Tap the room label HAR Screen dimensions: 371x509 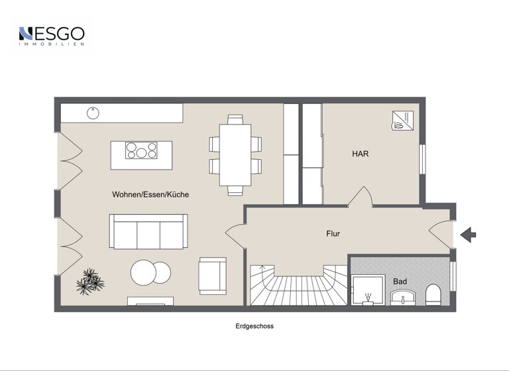tap(360, 154)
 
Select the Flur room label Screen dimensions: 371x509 tap(333, 234)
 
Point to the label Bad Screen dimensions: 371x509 tap(400, 282)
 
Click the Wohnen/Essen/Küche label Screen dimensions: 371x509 tap(150, 195)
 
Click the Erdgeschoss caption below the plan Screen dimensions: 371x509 tap(254, 326)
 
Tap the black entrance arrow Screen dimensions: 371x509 tap(468, 234)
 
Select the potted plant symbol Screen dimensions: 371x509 tap(90, 282)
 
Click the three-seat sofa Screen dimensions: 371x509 tap(149, 231)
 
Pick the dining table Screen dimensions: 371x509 tap(235, 154)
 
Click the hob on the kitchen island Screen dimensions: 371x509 tap(141, 151)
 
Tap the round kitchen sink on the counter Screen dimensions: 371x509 tap(93, 113)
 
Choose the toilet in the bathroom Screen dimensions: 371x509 tap(433, 294)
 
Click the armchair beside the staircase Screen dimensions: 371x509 tap(213, 276)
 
